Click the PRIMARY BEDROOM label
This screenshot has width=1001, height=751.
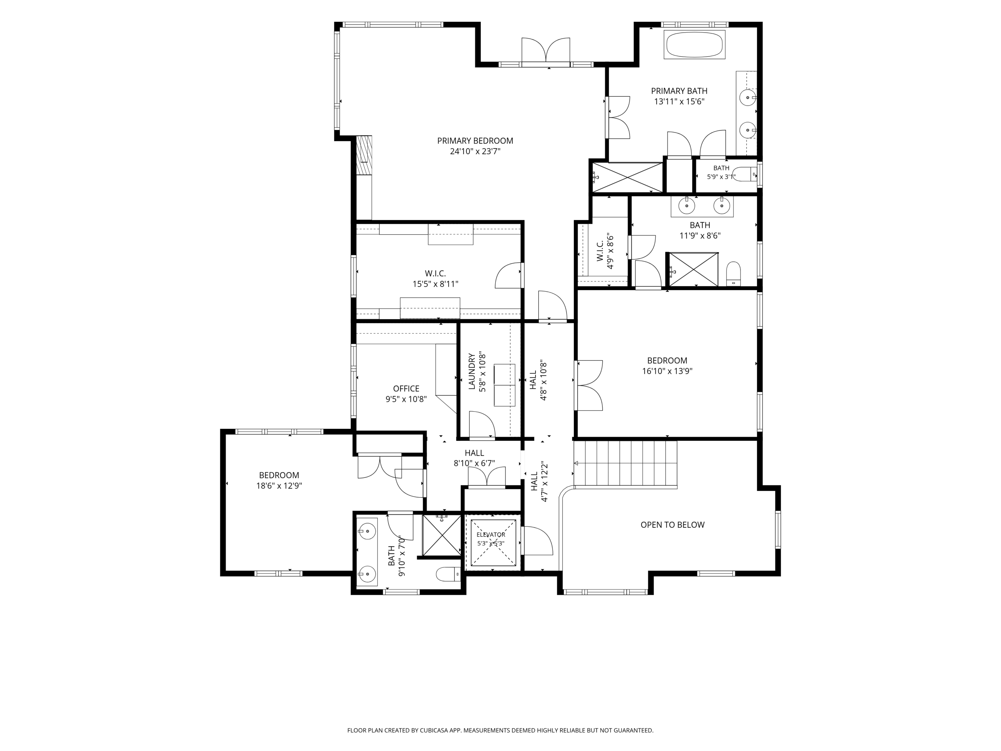pos(475,141)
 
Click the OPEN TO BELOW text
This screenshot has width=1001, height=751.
pos(672,525)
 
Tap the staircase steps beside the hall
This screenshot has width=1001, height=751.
pos(625,464)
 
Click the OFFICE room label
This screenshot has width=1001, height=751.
pos(406,389)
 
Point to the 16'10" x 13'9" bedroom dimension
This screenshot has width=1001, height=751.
pos(667,371)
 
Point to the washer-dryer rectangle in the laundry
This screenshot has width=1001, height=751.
pos(505,385)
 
